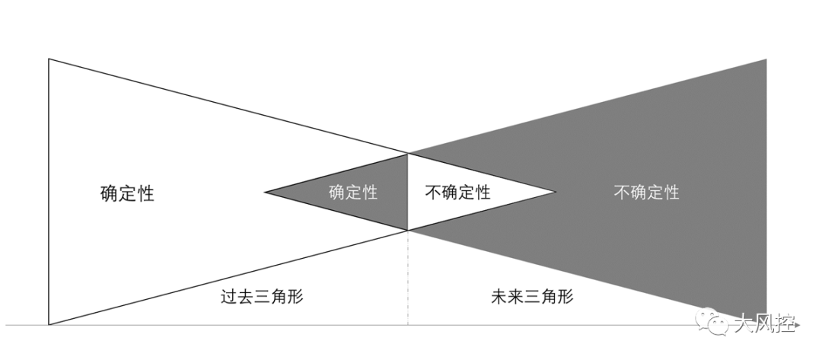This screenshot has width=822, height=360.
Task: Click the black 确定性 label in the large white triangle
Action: point(126,193)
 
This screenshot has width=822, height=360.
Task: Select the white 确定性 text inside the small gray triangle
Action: point(353,193)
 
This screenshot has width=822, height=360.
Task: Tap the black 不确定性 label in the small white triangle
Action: point(457,193)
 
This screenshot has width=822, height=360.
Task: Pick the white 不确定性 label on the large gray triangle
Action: point(646,193)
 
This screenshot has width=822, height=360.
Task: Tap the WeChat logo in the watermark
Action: point(713,323)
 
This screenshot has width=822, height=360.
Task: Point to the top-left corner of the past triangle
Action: point(49,59)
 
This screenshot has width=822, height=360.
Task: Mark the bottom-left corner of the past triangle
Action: point(49,324)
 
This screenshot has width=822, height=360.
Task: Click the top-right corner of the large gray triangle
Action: point(766,59)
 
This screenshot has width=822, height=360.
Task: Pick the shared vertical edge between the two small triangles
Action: point(408,192)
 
